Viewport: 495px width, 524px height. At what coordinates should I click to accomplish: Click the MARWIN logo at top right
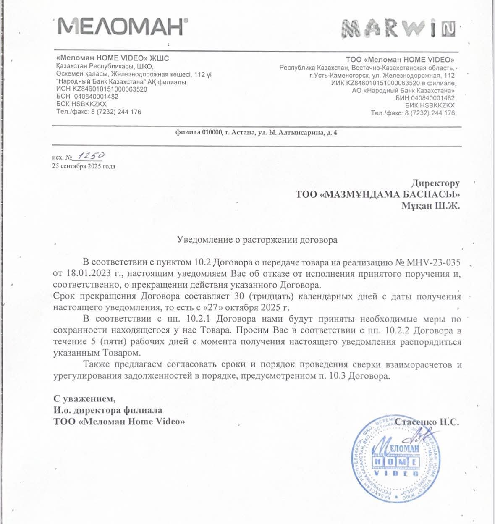pyautogui.click(x=398, y=29)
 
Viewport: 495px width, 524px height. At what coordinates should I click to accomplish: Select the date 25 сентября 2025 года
pyautogui.click(x=84, y=166)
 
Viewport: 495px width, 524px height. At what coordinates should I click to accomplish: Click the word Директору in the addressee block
pyautogui.click(x=435, y=183)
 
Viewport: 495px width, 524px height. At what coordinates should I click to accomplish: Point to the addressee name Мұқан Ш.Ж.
pyautogui.click(x=430, y=206)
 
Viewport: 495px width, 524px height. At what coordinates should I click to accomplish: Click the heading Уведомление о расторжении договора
pyautogui.click(x=257, y=240)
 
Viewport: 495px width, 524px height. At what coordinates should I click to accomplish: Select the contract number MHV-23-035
pyautogui.click(x=433, y=263)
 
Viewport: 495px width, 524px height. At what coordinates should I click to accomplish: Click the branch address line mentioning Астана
pyautogui.click(x=256, y=133)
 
